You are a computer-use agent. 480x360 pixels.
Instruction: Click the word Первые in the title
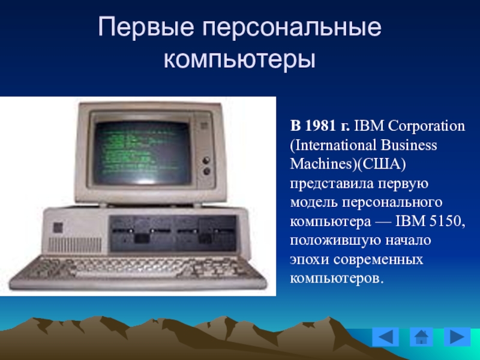pos(145,27)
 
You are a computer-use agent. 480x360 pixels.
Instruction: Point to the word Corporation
pos(427,126)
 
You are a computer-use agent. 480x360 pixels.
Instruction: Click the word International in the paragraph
pos(334,145)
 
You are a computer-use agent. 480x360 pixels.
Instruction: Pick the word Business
pos(409,145)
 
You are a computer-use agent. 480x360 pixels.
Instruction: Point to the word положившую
pos(335,241)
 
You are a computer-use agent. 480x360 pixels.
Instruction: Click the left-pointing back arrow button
pos(385,337)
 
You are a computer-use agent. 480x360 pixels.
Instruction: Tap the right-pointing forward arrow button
pos(457,337)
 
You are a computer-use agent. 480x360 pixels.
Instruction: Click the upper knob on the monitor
pos(206,160)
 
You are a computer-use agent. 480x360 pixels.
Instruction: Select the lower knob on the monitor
pos(207,171)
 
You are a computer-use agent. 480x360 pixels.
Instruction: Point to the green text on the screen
pos(138,151)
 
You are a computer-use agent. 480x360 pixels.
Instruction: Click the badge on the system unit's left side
pos(58,227)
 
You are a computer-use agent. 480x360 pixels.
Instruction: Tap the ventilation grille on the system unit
pos(76,245)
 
